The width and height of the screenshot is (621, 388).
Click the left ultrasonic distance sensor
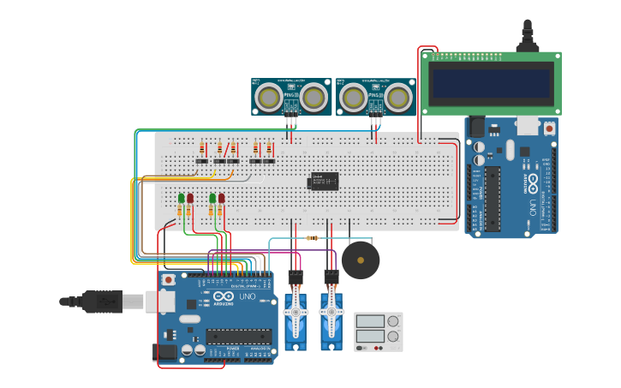290,96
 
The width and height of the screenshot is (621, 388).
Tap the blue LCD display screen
491,84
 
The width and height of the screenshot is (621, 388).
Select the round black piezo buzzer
360,260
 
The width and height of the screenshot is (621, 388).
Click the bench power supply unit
378,331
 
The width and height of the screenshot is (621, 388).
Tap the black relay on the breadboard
323,181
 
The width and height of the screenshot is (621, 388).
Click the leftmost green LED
181,199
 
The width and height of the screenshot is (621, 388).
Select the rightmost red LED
221,199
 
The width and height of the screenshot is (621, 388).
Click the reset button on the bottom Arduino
169,279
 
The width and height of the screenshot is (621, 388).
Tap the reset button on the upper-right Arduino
548,128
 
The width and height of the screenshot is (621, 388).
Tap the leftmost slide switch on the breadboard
201,161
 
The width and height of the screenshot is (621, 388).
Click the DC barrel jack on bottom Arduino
165,351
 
